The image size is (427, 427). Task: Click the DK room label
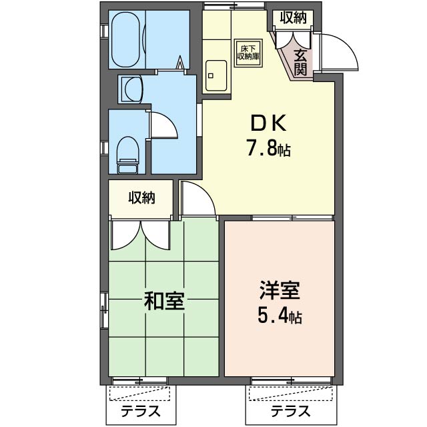tap(268, 123)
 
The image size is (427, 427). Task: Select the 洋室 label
tap(280, 290)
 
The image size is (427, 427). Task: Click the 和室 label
tap(164, 301)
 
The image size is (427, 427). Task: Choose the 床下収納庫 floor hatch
tap(248, 53)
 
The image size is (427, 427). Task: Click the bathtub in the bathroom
tap(126, 39)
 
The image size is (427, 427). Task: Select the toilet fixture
tap(127, 155)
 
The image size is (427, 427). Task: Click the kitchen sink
tap(216, 75)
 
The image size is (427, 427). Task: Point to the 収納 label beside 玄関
tap(294, 18)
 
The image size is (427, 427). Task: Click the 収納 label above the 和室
tap(142, 197)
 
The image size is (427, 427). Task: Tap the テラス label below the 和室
tap(141, 411)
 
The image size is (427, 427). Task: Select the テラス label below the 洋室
tap(290, 411)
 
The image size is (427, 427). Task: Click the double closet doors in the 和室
tap(141, 236)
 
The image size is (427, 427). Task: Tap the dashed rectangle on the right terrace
tap(291, 394)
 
